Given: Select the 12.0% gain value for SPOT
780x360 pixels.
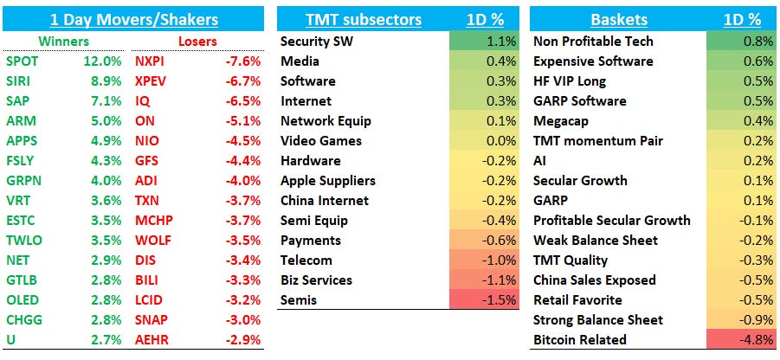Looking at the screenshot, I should point(106,61).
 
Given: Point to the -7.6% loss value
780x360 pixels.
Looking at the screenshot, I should point(242,61).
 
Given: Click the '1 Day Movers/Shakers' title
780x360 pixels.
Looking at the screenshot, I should point(133,18).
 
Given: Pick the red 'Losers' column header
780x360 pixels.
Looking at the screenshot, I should point(197,41).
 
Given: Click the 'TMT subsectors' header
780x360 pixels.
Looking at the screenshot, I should point(364,19).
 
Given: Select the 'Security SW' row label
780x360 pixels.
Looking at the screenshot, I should point(317,42).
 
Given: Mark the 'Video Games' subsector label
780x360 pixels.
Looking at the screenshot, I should point(321,141).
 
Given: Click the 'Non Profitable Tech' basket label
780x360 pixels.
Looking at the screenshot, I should point(593,42).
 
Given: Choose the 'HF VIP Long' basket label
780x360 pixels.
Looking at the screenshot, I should point(570,81).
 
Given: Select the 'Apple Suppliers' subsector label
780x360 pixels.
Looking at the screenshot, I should point(328,181).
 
